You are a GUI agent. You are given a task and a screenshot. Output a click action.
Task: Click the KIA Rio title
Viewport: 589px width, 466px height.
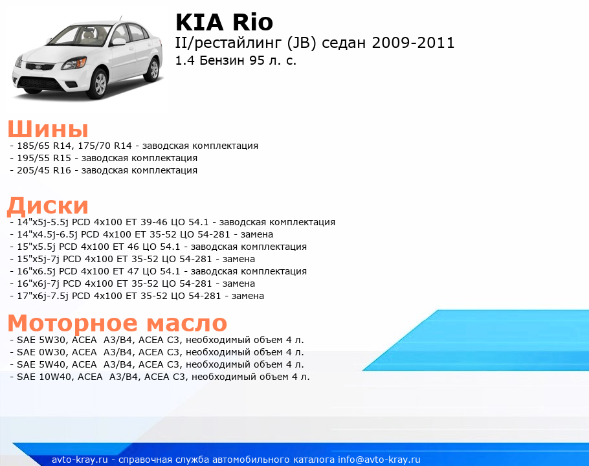224,22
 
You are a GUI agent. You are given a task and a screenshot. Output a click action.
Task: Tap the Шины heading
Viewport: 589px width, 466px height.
48,129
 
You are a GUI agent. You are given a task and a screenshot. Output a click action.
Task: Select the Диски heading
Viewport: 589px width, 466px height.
48,206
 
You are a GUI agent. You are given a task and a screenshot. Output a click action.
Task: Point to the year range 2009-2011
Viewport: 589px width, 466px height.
413,43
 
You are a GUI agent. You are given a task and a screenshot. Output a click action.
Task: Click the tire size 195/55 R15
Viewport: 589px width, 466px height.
44,158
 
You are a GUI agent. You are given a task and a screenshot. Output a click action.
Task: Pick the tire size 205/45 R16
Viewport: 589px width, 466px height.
44,170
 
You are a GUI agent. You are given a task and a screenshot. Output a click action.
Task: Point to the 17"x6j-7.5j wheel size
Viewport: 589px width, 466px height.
43,296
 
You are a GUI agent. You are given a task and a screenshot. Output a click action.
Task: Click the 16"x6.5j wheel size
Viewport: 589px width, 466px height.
37,271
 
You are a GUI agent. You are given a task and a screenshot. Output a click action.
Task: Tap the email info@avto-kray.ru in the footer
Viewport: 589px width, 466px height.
379,460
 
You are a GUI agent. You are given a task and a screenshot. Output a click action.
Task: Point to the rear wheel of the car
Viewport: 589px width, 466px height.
153,69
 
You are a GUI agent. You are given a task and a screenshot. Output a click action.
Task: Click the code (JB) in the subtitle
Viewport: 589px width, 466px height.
301,43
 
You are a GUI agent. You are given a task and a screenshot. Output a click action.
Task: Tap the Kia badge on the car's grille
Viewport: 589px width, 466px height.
38,67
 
